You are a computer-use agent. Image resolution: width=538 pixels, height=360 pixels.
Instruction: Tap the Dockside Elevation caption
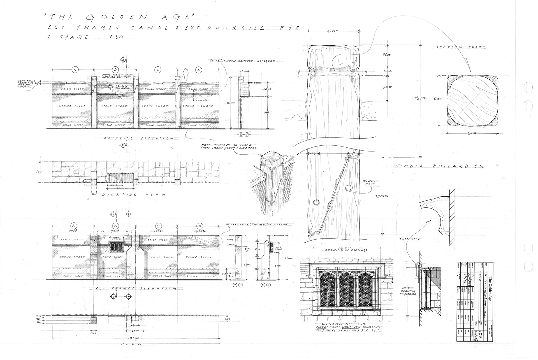pos(138,138)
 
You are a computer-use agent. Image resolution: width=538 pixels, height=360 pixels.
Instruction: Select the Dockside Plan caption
pos(133,194)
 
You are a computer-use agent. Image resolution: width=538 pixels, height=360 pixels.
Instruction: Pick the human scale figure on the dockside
pos(185,74)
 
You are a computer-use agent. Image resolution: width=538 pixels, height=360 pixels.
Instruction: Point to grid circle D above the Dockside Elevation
pos(115,69)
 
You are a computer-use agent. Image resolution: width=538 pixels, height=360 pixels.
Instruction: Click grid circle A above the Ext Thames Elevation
pos(74,226)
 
